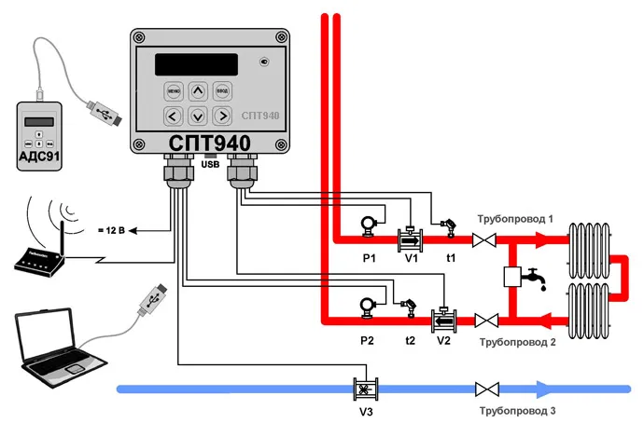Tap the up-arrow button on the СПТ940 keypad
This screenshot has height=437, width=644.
(x=197, y=90)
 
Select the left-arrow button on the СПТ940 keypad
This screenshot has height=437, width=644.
(x=173, y=116)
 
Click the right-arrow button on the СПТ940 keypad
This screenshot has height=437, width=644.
(x=221, y=116)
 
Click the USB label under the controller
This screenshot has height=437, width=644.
(x=211, y=165)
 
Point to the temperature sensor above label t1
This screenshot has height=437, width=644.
(x=448, y=225)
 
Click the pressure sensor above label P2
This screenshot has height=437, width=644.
(x=367, y=304)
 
